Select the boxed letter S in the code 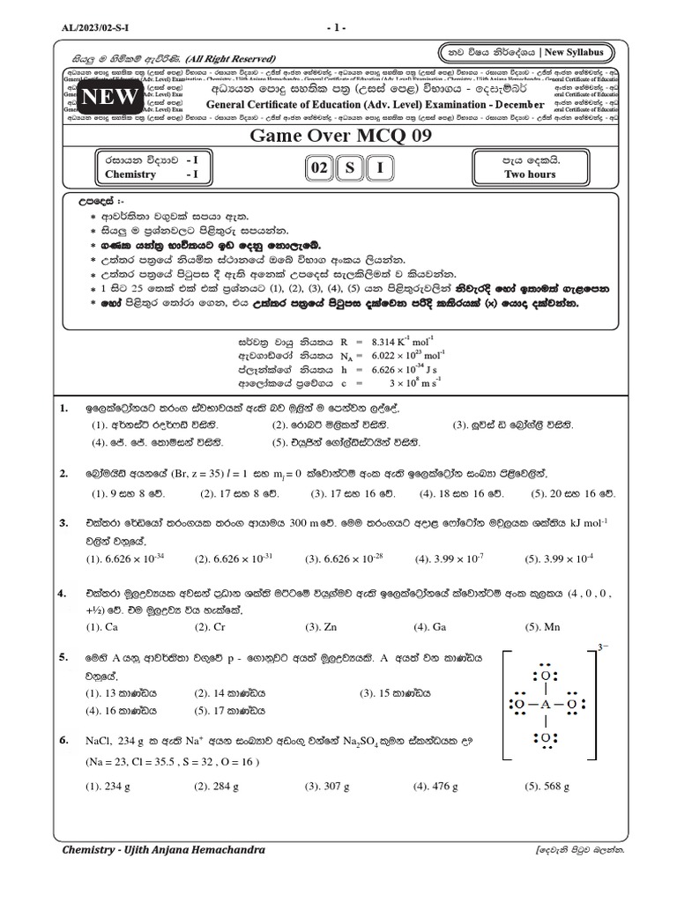pos(350,167)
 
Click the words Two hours pos(530,174)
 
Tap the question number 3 pos(63,523)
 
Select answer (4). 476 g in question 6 pos(435,786)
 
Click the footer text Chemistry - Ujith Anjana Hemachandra pos(164,850)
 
